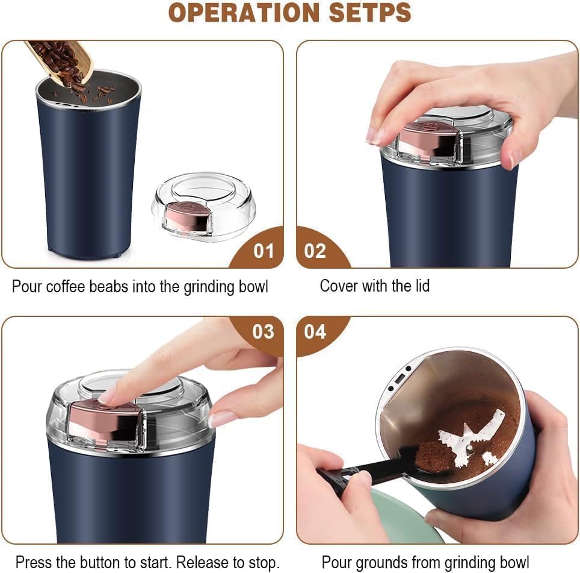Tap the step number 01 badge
(263, 251)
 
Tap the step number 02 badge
(315, 251)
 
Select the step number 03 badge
(263, 331)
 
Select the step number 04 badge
(315, 331)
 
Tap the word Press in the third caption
(32, 563)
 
